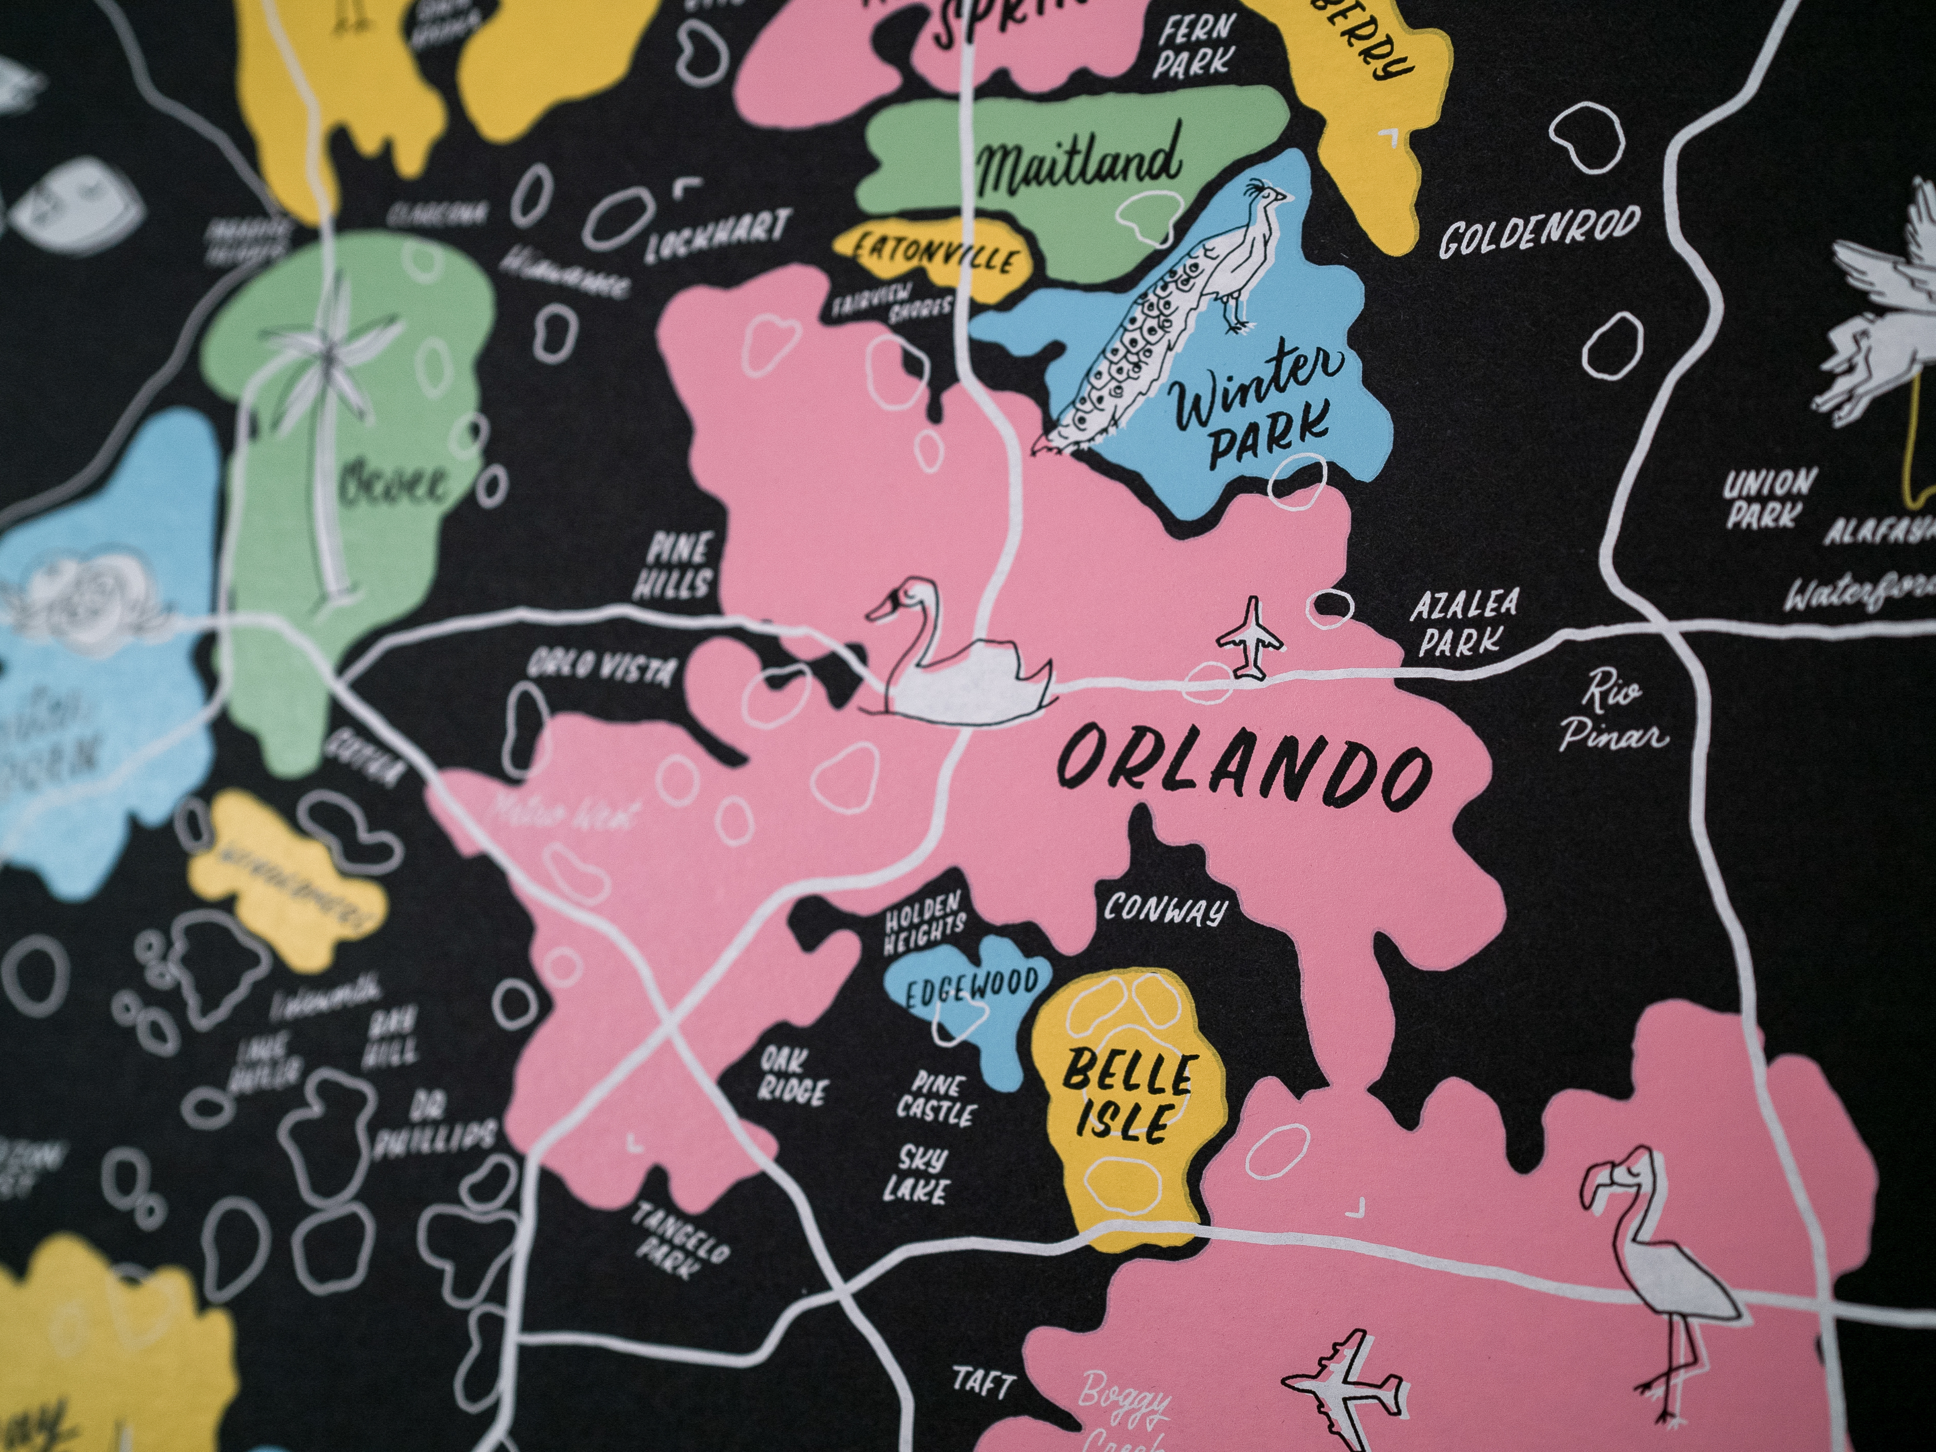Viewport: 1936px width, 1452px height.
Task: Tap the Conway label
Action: click(x=1164, y=910)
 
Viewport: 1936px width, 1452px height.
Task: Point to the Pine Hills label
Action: click(x=678, y=566)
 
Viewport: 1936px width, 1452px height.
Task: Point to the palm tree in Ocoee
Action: click(x=328, y=420)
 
